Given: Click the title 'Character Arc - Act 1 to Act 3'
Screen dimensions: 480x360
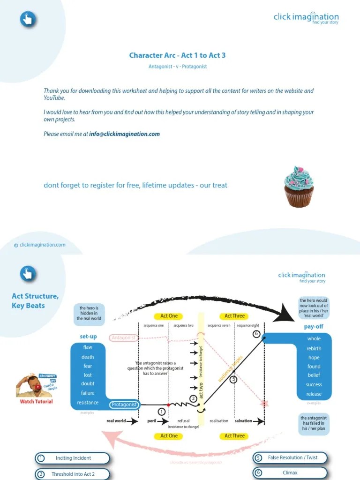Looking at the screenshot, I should click(x=177, y=55).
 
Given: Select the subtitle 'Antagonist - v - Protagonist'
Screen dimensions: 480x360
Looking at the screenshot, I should click(x=178, y=67).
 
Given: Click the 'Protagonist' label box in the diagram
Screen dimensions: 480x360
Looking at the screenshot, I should click(x=124, y=405).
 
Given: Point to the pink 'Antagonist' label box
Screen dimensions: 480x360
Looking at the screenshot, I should click(x=124, y=337).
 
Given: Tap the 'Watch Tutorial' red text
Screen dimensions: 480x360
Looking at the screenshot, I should click(x=36, y=401).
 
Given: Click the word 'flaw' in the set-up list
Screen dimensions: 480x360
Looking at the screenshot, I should click(x=88, y=347).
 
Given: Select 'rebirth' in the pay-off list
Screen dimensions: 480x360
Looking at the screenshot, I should click(x=314, y=348).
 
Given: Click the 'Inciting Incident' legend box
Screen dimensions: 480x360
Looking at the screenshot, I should click(x=73, y=458).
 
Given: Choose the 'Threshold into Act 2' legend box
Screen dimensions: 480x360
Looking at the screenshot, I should click(x=73, y=474).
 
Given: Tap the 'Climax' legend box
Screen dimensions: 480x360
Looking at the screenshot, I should click(x=290, y=472).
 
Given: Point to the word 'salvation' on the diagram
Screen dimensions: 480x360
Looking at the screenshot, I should click(x=243, y=421).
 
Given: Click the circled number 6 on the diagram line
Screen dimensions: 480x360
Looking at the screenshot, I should click(x=256, y=334).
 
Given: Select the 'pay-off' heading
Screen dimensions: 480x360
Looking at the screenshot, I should click(x=314, y=327).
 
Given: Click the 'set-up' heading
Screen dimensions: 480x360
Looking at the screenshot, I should click(x=88, y=337).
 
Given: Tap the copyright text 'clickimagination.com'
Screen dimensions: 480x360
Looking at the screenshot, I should click(x=39, y=245).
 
